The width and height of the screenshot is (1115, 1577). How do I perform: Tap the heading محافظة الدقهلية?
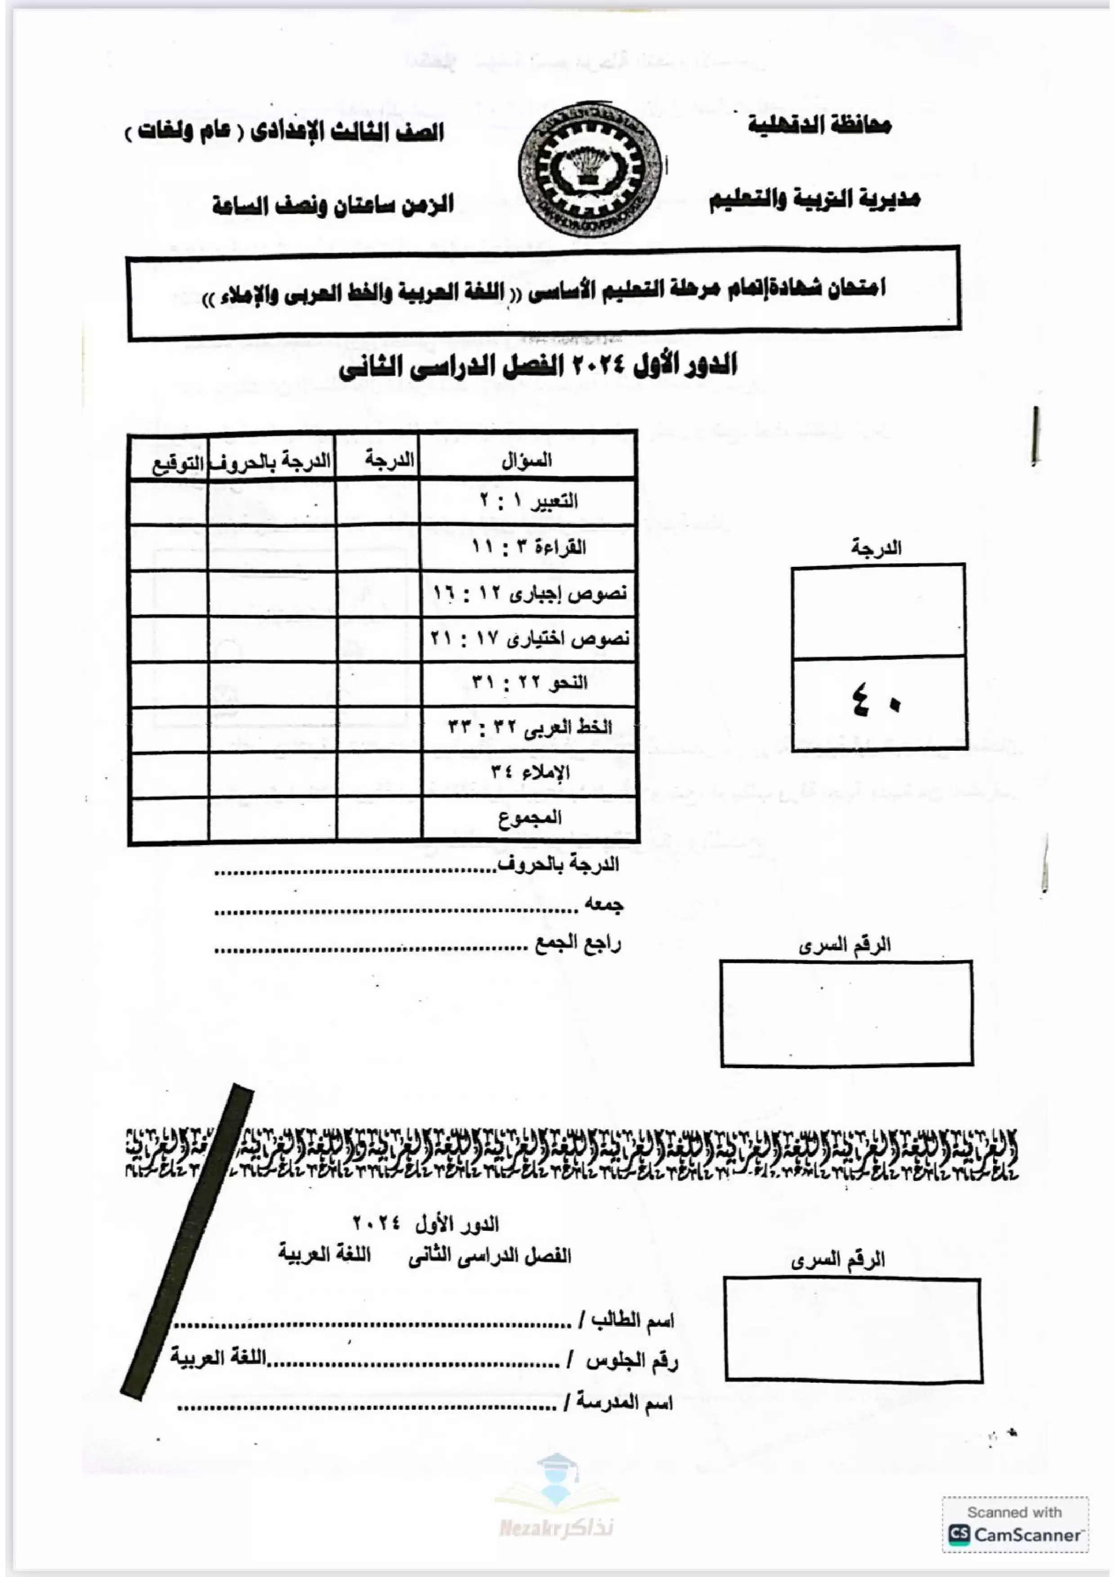pyautogui.click(x=819, y=125)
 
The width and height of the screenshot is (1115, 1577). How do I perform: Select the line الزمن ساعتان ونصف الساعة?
pyautogui.click(x=333, y=205)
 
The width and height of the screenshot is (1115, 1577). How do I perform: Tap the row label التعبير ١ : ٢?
pyautogui.click(x=528, y=501)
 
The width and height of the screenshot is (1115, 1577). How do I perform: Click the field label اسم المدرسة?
pyautogui.click(x=624, y=1400)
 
